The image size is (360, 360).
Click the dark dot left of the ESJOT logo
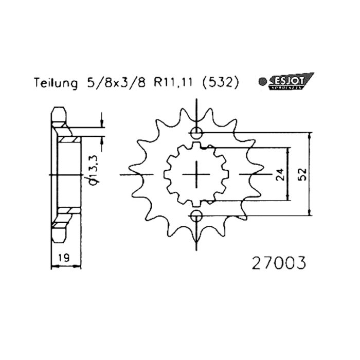(x=262, y=81)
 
